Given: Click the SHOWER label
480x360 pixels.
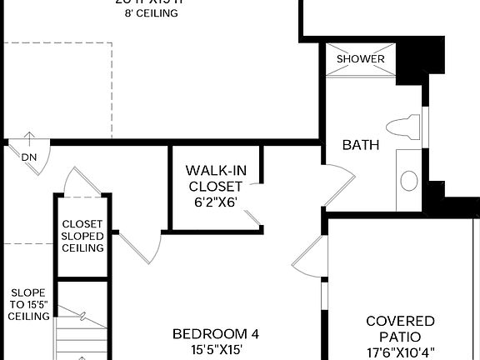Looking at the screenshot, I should (361, 59).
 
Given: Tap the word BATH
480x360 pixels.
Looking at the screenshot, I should (361, 145).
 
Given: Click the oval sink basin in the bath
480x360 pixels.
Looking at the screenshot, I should (409, 179).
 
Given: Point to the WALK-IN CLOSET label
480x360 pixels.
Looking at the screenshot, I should (216, 178).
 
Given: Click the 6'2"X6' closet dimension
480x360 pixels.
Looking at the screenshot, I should (216, 201).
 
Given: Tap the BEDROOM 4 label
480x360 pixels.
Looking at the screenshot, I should (216, 334).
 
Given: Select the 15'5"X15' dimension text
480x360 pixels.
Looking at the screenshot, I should (216, 350).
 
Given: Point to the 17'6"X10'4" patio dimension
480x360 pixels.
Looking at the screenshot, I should (400, 352).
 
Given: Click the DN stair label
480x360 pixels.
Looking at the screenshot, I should (29, 157).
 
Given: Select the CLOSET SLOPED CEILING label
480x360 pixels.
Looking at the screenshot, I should (82, 236).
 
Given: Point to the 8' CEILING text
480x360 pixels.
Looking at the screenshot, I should (150, 13).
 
